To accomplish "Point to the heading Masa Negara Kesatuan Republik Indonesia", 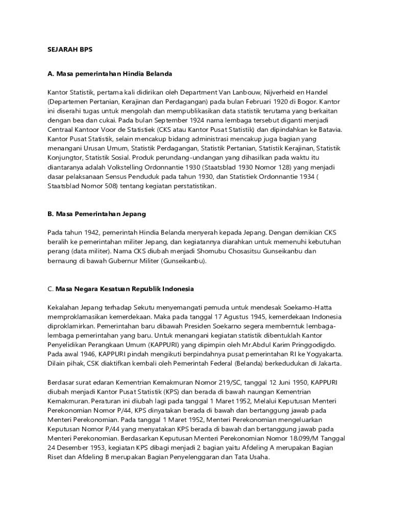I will tap(124, 289).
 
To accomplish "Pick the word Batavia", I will tap(329, 129).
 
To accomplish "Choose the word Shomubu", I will tap(191, 251).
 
